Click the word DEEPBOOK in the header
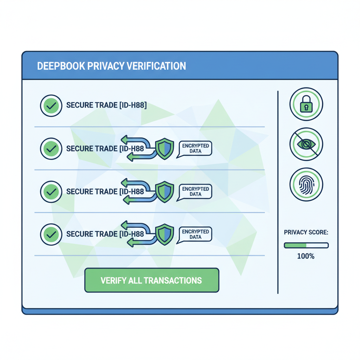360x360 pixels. (58, 66)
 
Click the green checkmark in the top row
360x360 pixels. (51, 105)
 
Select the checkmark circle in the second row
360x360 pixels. (51, 149)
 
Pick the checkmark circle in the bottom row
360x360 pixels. (51, 234)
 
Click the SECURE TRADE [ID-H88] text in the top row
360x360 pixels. (107, 105)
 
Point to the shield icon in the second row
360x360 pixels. (165, 149)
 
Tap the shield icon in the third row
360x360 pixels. (165, 192)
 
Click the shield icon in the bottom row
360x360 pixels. (165, 234)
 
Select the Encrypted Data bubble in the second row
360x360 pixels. (195, 148)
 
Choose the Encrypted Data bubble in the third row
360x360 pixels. (195, 191)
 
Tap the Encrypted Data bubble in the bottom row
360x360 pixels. (195, 234)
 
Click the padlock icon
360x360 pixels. (306, 104)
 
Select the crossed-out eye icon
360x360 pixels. (306, 144)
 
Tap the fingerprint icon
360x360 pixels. (306, 184)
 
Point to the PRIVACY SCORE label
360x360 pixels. (306, 232)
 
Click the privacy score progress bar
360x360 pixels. (306, 245)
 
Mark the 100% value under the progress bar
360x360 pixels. (306, 256)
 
